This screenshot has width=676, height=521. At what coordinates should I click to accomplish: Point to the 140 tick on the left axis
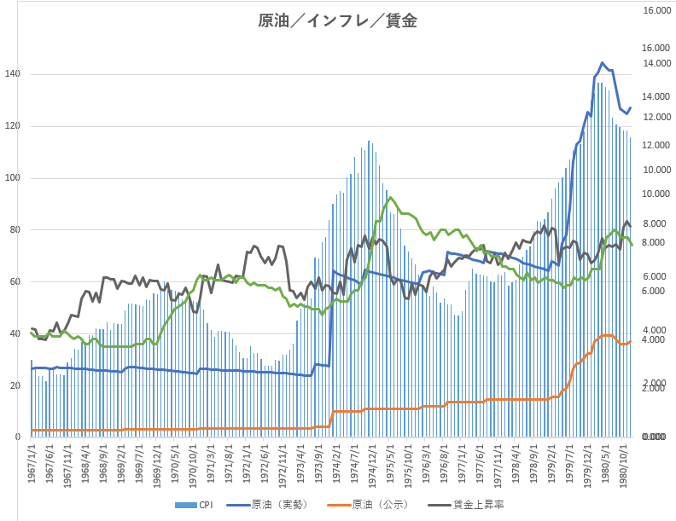pyautogui.click(x=12, y=74)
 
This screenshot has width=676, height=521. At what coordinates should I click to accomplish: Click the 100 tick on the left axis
pyautogui.click(x=12, y=178)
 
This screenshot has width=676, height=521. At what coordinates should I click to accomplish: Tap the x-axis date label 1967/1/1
pyautogui.click(x=32, y=465)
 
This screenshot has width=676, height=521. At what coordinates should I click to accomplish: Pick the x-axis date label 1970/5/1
pyautogui.click(x=176, y=465)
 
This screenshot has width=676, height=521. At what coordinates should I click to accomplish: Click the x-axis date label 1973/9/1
pyautogui.click(x=319, y=465)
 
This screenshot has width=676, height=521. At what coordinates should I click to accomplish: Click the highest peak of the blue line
pyautogui.click(x=602, y=63)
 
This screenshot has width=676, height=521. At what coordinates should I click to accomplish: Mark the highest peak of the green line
pyautogui.click(x=390, y=198)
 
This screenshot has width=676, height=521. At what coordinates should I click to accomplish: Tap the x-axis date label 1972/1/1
pyautogui.click(x=248, y=465)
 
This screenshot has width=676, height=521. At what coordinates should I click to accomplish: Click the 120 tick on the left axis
pyautogui.click(x=12, y=126)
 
